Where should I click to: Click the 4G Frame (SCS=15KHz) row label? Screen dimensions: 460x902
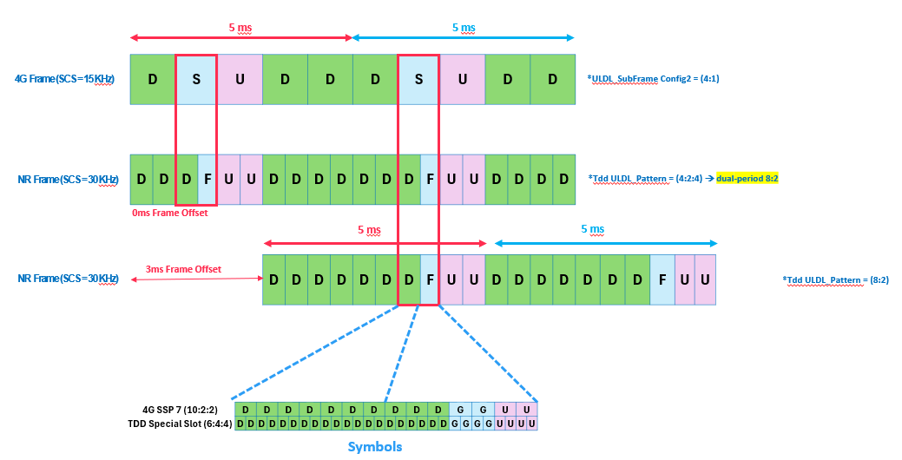tap(65, 79)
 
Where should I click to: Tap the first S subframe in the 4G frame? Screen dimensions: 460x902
tap(196, 79)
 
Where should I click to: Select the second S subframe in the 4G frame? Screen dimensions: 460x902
tap(419, 79)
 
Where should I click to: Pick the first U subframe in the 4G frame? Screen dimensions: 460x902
tap(240, 79)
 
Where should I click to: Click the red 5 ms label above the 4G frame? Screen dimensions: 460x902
tap(240, 28)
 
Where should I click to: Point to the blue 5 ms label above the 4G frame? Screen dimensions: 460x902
tap(464, 28)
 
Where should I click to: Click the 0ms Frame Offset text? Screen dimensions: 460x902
tap(169, 213)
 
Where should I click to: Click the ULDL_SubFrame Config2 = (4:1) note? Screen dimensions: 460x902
tap(654, 79)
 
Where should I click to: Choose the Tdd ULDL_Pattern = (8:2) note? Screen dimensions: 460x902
tap(835, 279)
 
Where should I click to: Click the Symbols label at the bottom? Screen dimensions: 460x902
tap(375, 447)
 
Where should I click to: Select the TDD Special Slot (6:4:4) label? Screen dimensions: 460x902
tap(181, 424)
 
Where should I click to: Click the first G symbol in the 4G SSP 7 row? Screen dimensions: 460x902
tap(461, 409)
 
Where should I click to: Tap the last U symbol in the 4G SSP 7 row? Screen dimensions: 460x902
tap(527, 409)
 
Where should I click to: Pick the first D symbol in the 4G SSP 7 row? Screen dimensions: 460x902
tap(246, 409)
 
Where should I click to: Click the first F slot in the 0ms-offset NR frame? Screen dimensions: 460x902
tap(207, 180)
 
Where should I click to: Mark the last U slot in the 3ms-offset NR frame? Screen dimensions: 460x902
tap(705, 279)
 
